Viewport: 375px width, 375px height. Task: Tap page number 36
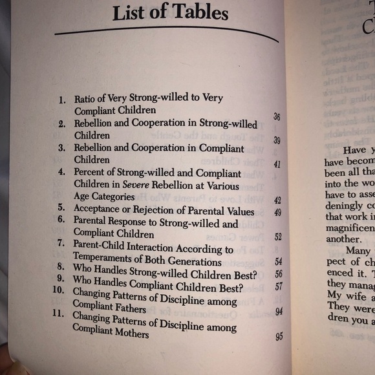276,117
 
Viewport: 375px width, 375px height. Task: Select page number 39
276,140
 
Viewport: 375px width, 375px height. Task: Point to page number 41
277,164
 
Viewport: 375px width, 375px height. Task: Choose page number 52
277,237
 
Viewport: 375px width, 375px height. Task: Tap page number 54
279,261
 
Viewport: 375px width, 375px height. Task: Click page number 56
279,273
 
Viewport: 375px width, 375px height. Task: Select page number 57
279,286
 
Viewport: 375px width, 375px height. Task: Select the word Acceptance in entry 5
100,209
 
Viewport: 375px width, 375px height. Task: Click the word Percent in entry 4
91,173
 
